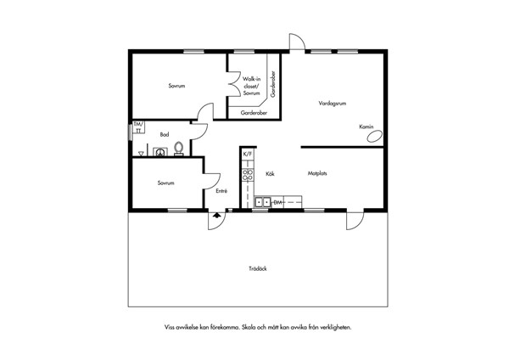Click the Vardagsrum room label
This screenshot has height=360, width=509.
tap(332, 104)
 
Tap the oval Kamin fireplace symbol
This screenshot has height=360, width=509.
tap(374, 136)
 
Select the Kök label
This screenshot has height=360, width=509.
tap(270, 174)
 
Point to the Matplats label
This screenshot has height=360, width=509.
tap(317, 173)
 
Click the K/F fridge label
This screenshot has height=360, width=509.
tap(248, 154)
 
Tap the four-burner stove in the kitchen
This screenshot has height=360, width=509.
tap(248, 175)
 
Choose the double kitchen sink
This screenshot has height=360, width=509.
tap(263, 202)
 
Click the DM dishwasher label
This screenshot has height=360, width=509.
tap(278, 202)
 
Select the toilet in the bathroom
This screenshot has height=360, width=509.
tap(178, 149)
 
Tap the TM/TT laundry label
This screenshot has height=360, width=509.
tap(138, 127)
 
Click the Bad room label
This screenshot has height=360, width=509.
tap(165, 134)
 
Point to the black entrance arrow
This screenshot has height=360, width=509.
tap(217, 215)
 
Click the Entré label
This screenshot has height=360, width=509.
tap(221, 191)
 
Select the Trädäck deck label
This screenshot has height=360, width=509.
tap(258, 268)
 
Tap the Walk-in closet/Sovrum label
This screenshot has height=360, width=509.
tap(252, 86)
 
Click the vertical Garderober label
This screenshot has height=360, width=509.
tap(273, 84)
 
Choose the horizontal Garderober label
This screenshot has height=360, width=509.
tap(254, 113)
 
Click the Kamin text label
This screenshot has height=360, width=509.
tap(366, 127)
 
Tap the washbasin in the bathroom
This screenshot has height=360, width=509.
tap(159, 152)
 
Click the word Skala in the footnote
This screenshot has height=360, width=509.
tap(249, 327)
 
